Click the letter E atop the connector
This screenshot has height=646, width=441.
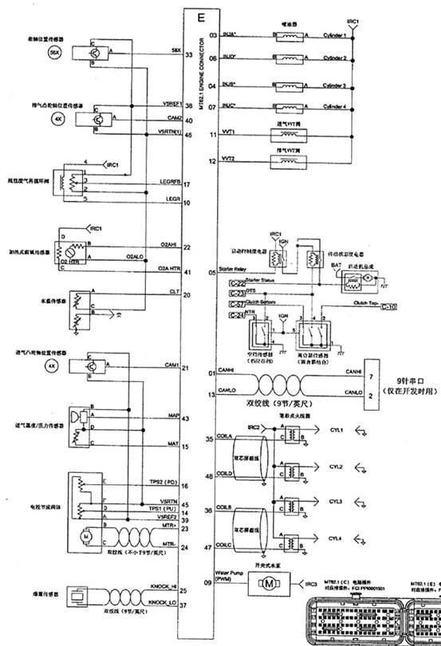click(x=200, y=17)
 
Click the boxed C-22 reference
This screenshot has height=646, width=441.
click(x=237, y=283)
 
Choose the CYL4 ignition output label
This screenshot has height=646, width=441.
click(x=336, y=539)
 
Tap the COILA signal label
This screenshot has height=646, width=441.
click(x=227, y=438)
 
